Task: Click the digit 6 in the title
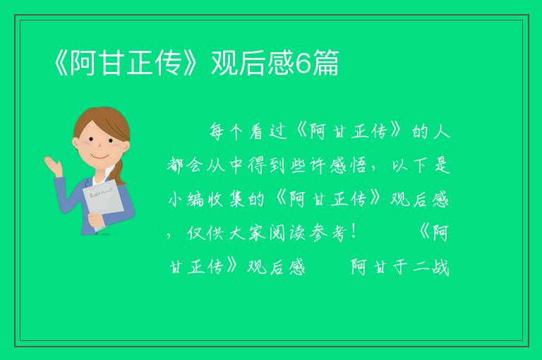click(303, 64)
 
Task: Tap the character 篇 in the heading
click(325, 63)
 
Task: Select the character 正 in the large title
click(140, 63)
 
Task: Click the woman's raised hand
click(53, 166)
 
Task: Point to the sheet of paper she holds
click(103, 203)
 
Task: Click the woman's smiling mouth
click(99, 157)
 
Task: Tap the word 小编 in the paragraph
click(186, 199)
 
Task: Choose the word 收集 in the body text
click(226, 199)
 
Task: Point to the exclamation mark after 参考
click(353, 232)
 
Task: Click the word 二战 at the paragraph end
click(431, 267)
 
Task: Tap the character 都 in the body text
click(176, 166)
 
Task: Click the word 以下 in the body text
click(411, 166)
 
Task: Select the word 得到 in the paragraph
click(266, 166)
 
